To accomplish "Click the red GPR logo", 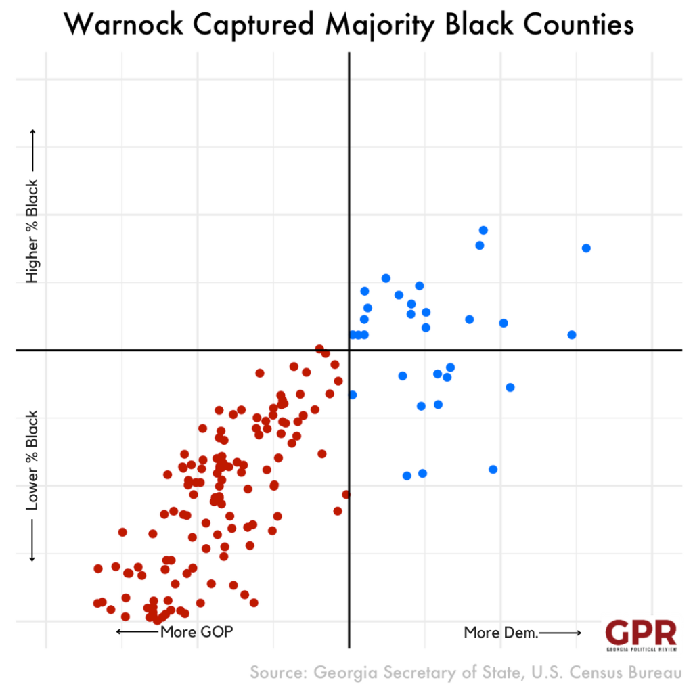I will (640, 633).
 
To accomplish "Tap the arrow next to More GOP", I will (137, 632).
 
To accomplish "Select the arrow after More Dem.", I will (560, 633).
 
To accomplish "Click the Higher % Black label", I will (32, 231).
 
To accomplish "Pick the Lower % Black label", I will (32, 460).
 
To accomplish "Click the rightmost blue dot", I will (586, 248).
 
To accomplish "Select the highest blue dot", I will (483, 230).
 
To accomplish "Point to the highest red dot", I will (319, 349).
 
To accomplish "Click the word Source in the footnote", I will (277, 673).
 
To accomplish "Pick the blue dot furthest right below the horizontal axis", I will (510, 387).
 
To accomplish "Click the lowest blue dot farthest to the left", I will (407, 476).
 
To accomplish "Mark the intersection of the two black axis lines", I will (349, 350).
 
